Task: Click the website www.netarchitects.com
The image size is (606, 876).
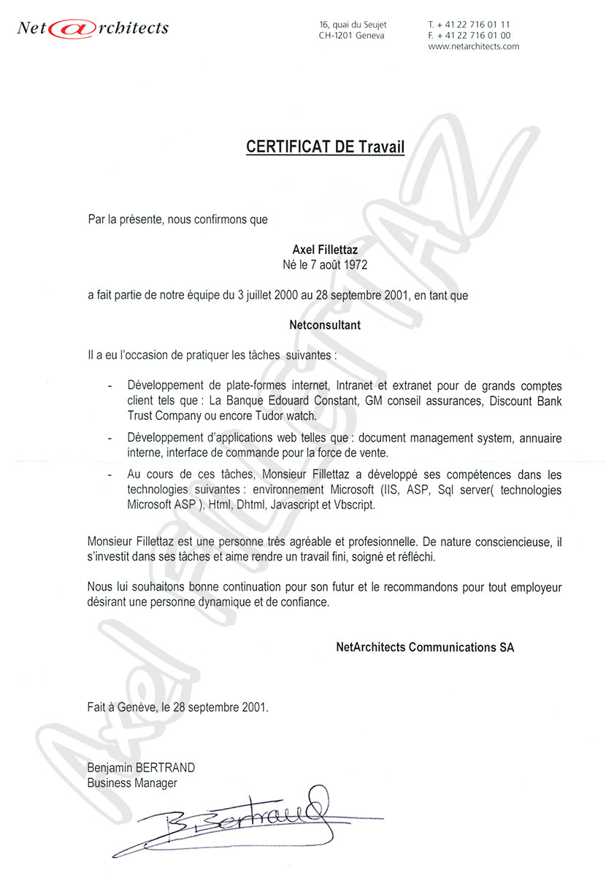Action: point(473,46)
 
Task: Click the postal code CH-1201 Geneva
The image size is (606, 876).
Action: point(351,35)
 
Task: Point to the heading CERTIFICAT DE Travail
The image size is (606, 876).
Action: point(325,147)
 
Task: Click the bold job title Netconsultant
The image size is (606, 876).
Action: point(325,326)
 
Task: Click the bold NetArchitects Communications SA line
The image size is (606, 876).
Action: point(424,647)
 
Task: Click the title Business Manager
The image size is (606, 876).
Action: point(131,783)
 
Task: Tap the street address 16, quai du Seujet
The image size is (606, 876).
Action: point(353,25)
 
